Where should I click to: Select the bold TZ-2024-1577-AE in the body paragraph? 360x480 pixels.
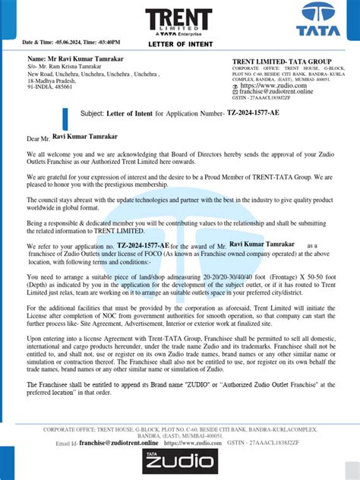click(x=142, y=247)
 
